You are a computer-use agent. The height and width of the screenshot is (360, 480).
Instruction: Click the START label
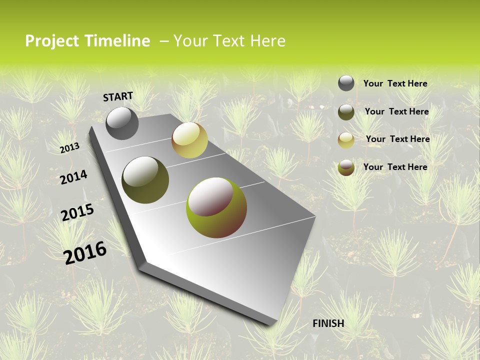[x=118, y=96]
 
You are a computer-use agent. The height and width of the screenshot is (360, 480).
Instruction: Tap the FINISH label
[x=328, y=323]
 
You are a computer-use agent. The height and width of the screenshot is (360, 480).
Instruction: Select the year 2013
[x=69, y=148]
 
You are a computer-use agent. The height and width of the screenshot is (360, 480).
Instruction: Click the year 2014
[x=73, y=177]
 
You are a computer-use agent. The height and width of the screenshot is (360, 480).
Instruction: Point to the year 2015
[x=77, y=212]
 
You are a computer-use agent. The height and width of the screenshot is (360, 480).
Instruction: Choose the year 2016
[x=85, y=252]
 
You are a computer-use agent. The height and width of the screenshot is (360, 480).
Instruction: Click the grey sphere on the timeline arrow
[x=122, y=123]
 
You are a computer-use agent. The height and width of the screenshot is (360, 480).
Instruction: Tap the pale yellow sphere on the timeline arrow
[x=189, y=140]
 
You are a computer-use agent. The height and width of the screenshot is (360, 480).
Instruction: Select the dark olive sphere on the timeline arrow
[x=145, y=180]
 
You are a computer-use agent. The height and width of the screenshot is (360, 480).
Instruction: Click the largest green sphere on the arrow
[x=216, y=207]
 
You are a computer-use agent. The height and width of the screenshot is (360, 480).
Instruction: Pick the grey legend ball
[x=346, y=83]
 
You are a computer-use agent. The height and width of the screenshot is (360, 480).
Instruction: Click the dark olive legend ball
[x=346, y=112]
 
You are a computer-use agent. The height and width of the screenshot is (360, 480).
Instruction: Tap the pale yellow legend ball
[x=346, y=140]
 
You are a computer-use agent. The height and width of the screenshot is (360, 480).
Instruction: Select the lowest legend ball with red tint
[x=346, y=167]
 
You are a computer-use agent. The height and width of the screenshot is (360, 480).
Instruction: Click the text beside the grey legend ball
[x=395, y=83]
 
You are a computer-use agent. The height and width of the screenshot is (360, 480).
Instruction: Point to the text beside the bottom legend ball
[x=395, y=167]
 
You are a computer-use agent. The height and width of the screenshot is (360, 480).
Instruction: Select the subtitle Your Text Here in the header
[x=229, y=41]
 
